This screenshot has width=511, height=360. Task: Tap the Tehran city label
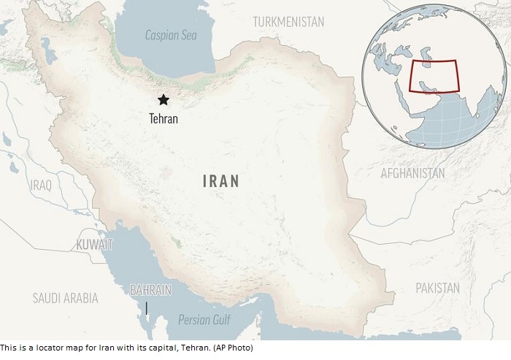pos(163,117)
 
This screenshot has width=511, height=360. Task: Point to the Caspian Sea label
pos(170,34)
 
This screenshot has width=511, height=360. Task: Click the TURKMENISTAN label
pos(288,22)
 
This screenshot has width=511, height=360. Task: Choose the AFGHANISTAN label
pos(412,173)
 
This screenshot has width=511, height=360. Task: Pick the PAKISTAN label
pos(437,288)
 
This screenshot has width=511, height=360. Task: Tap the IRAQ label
pos(41,185)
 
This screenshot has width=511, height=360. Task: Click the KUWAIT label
pos(94,244)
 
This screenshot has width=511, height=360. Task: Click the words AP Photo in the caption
pos(234,348)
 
